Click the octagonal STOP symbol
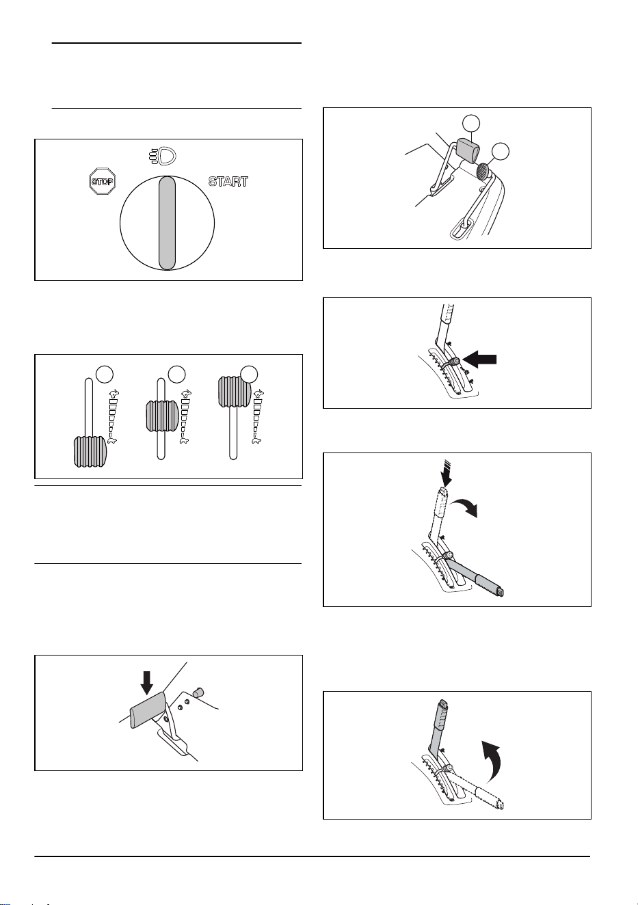point(103,181)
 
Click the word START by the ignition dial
point(228,182)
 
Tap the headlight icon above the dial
point(161,156)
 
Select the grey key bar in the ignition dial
point(167,223)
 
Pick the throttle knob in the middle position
point(162,416)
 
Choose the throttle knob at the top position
point(235,392)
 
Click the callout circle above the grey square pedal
point(471,123)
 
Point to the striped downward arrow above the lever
point(446,473)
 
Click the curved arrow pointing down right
point(467,505)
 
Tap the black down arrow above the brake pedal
point(147,682)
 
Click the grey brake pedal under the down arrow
point(148,709)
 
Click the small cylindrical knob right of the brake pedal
point(198,692)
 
